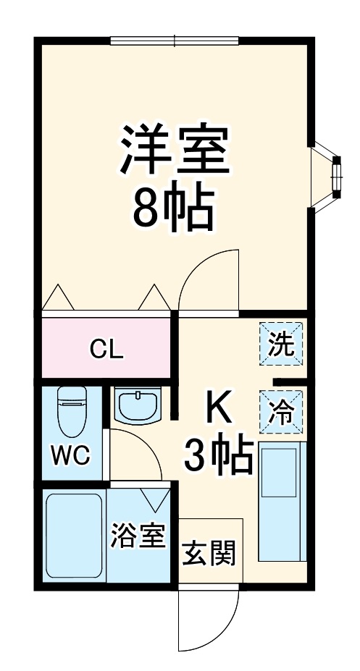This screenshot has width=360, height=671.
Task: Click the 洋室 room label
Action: [x=175, y=148]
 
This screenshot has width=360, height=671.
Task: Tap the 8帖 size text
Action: [x=173, y=208]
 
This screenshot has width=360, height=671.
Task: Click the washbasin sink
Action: [x=138, y=405]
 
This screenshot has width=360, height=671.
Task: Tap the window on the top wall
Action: [x=175, y=41]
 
